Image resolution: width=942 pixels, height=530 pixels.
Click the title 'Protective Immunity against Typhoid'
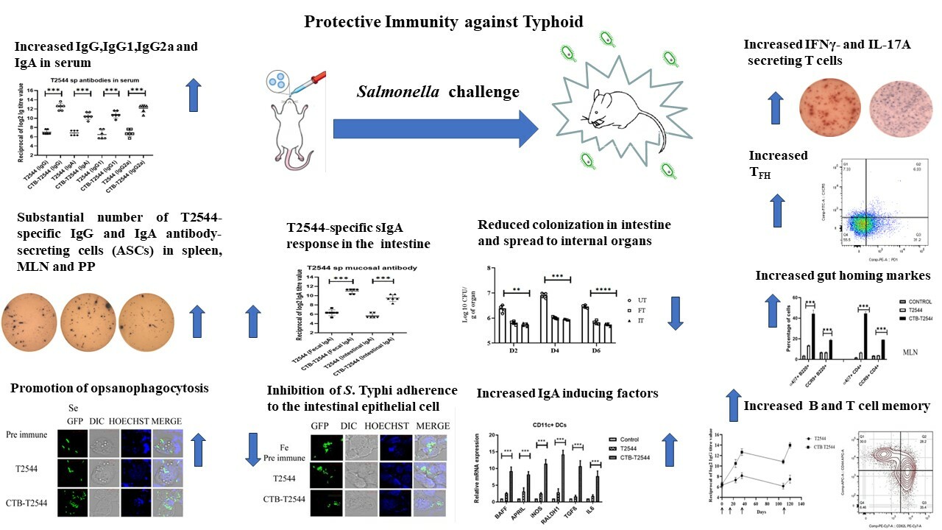(x=444, y=21)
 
